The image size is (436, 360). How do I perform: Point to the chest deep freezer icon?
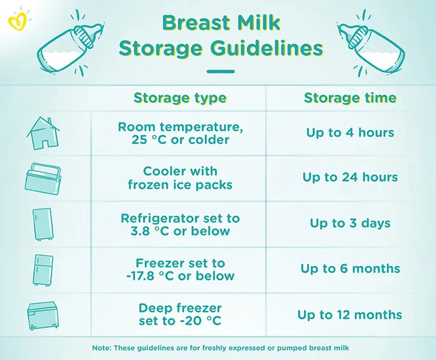(44, 315)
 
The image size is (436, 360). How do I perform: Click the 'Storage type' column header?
(180, 98)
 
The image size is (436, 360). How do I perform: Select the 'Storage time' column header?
(350, 98)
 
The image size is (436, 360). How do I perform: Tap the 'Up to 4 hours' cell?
(350, 133)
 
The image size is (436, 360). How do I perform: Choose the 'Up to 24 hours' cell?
(350, 178)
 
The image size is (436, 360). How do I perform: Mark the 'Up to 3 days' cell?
(350, 223)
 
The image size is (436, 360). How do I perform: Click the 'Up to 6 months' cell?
(350, 269)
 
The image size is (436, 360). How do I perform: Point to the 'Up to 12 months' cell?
(350, 315)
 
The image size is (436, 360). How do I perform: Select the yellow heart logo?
(16, 22)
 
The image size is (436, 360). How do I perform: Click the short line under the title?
(220, 72)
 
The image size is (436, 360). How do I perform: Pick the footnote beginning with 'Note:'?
(220, 348)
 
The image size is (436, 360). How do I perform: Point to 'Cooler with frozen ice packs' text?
(180, 178)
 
